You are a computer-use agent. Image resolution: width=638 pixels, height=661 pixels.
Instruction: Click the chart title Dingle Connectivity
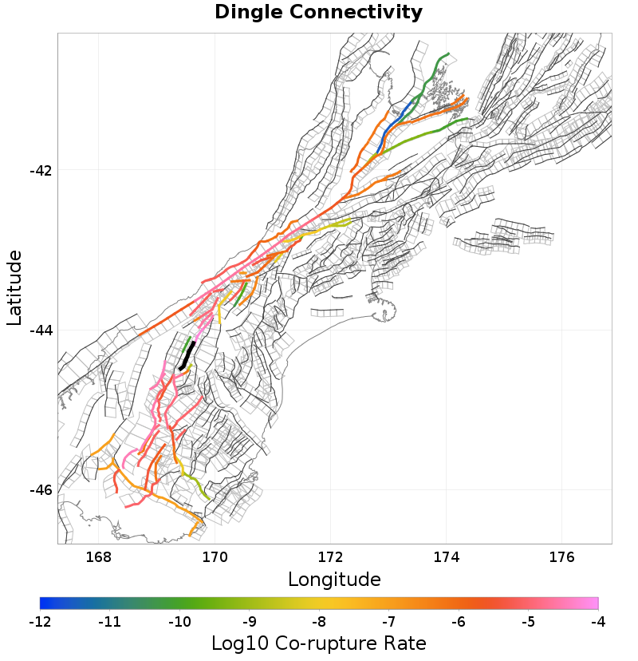(318, 13)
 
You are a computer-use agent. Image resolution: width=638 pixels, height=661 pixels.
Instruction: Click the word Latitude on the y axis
(14, 287)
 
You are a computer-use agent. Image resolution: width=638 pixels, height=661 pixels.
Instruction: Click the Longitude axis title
(334, 579)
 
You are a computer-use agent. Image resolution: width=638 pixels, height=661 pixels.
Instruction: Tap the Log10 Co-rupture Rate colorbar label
(319, 643)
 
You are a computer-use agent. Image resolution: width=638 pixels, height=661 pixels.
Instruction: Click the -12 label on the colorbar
(40, 621)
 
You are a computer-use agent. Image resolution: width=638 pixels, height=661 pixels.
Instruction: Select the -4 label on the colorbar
(598, 621)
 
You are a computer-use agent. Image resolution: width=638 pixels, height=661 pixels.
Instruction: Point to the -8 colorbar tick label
(319, 621)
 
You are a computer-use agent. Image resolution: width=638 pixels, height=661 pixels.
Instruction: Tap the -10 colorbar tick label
(179, 621)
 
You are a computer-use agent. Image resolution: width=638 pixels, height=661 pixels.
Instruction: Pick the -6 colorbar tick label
(459, 621)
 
